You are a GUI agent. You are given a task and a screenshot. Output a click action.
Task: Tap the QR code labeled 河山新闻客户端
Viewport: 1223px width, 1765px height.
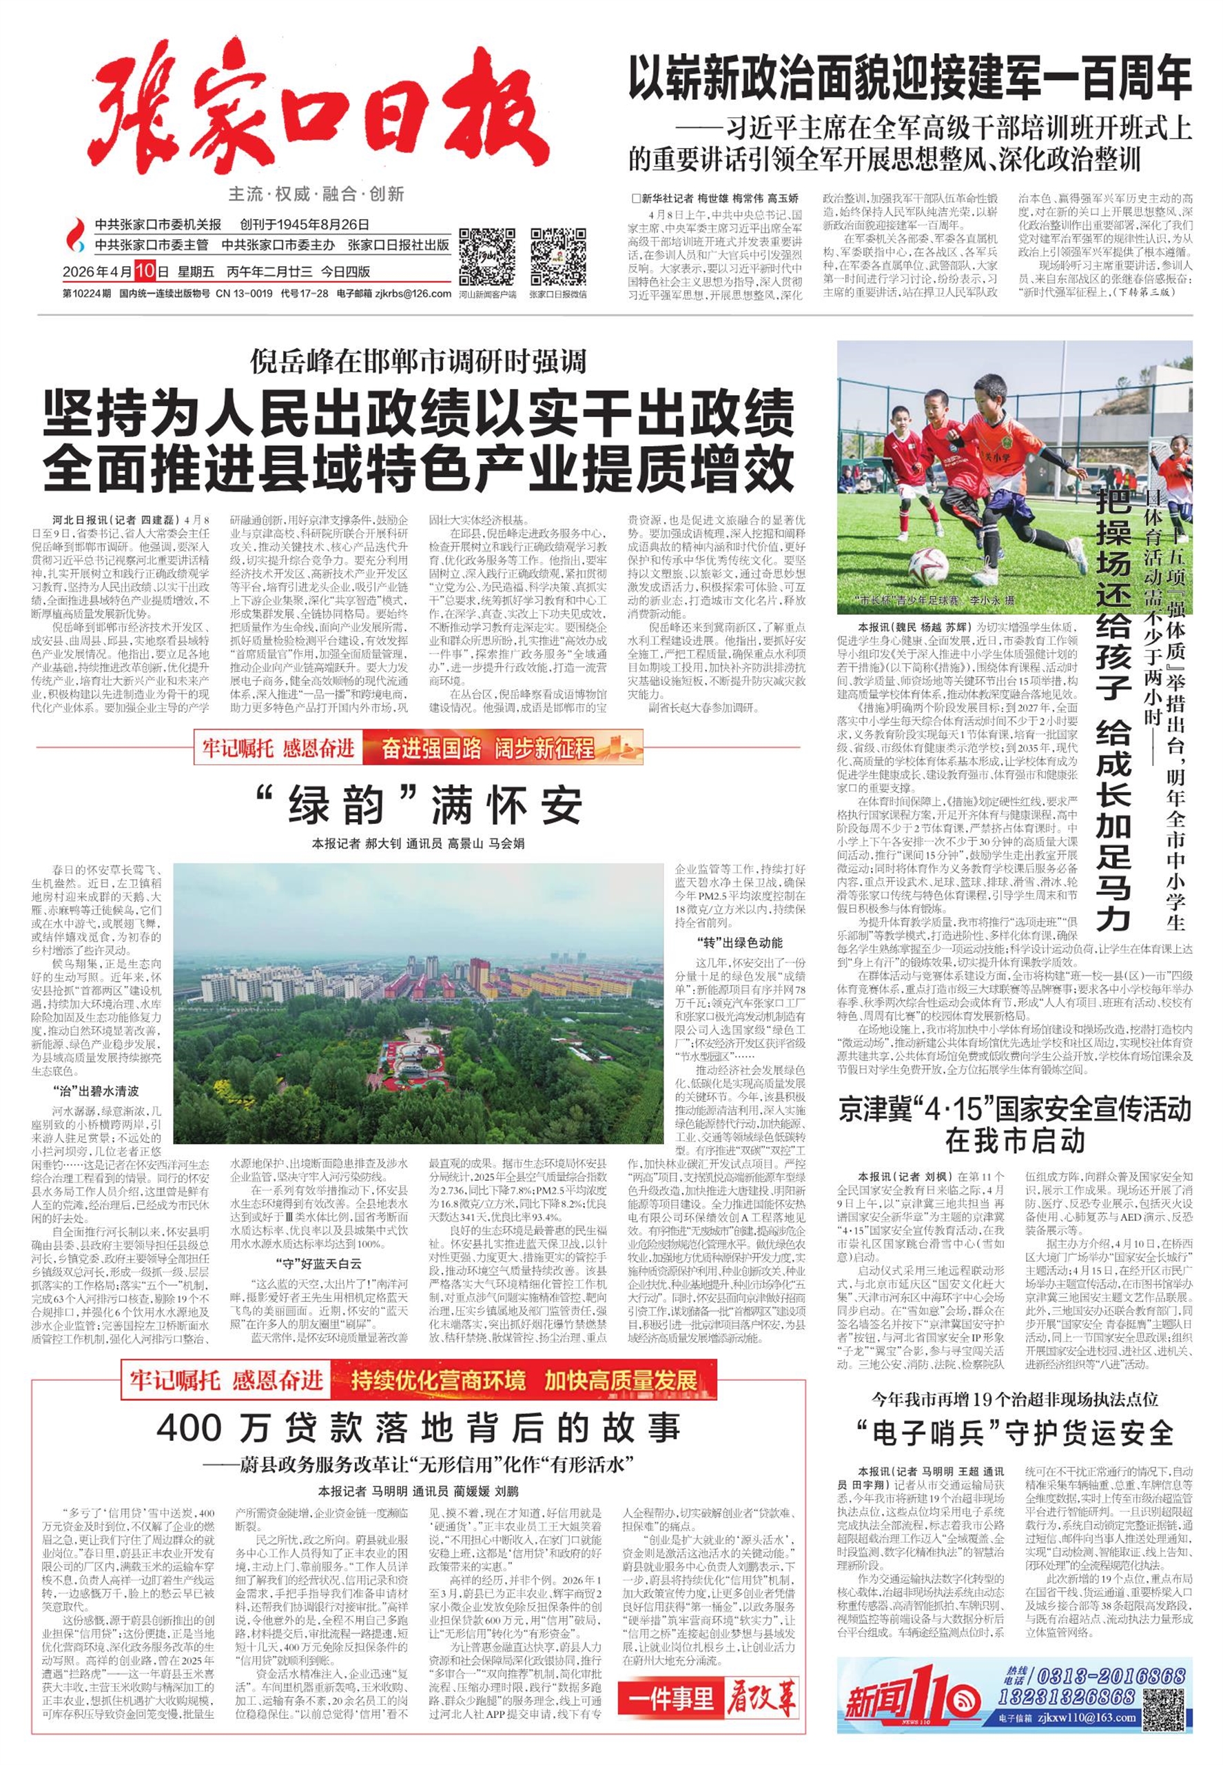point(486,256)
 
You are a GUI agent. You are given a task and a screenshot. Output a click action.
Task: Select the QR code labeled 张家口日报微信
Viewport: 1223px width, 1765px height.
point(558,256)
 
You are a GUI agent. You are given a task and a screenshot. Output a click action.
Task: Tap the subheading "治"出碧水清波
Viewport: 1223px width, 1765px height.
point(96,1090)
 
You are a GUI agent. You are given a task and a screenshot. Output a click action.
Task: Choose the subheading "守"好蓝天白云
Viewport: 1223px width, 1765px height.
point(318,1264)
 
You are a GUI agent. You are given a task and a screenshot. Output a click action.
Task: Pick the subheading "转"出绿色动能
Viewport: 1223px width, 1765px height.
point(739,942)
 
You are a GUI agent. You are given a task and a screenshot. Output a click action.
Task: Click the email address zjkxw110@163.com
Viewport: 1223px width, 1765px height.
point(1098,1717)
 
